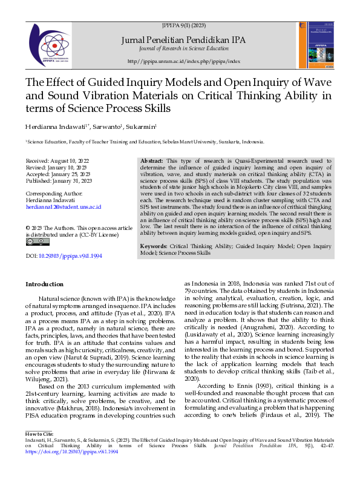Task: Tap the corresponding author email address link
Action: [63, 207]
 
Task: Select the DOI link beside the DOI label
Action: [70, 256]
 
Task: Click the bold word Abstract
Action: [151, 162]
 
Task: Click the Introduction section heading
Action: [44, 284]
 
